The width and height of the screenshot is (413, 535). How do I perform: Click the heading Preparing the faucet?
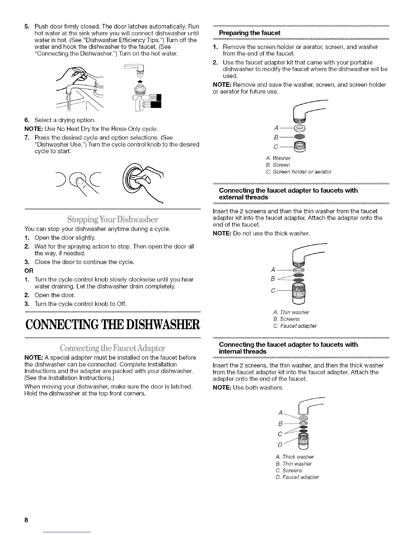(250, 33)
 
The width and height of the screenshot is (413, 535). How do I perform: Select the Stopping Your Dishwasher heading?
(112, 219)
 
